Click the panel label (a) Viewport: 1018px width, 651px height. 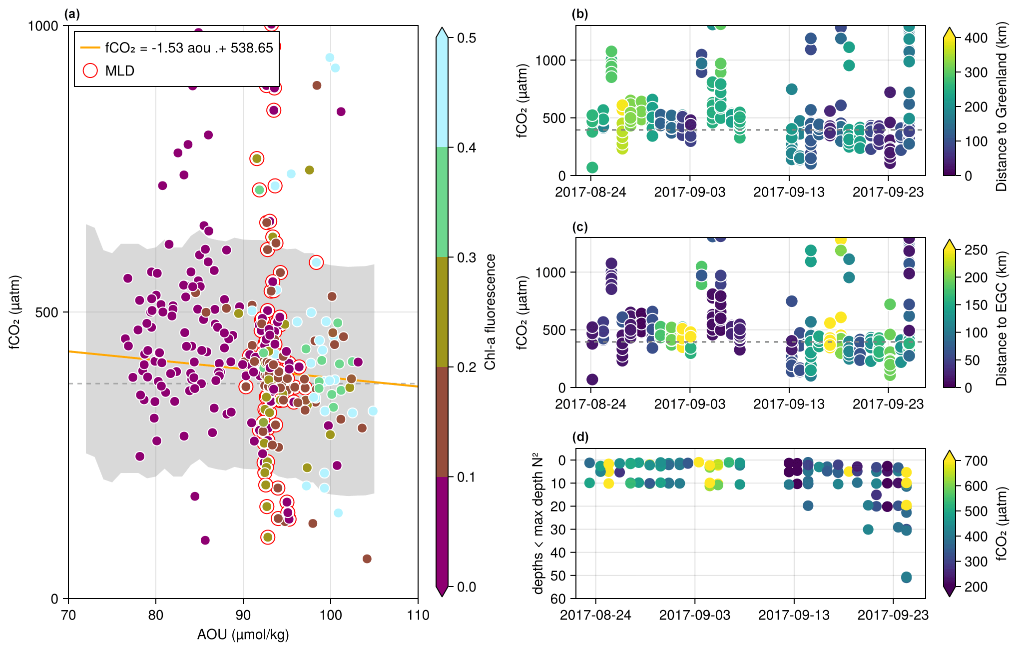(72, 14)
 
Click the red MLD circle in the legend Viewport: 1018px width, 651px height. (90, 70)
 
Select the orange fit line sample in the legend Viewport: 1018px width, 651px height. (90, 48)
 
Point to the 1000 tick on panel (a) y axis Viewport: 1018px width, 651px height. (43, 26)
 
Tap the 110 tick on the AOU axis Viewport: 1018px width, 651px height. (418, 615)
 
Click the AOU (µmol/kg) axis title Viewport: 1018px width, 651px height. (243, 635)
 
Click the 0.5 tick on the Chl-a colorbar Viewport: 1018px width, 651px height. (467, 38)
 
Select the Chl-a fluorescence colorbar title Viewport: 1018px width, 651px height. (490, 312)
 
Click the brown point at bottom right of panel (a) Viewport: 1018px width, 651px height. (367, 558)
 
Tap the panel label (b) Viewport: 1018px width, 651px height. (580, 14)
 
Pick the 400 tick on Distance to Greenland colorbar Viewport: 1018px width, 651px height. (976, 38)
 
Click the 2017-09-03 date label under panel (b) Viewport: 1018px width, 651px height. (689, 192)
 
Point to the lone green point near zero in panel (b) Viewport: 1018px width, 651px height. (592, 167)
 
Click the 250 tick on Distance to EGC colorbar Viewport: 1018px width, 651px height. (976, 250)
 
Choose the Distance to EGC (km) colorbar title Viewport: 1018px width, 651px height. (1001, 318)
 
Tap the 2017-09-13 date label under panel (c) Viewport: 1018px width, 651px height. (789, 404)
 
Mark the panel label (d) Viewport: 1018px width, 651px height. (580, 437)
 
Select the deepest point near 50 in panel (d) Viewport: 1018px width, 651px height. (906, 577)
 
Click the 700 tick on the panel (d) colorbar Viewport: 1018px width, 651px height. (976, 461)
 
